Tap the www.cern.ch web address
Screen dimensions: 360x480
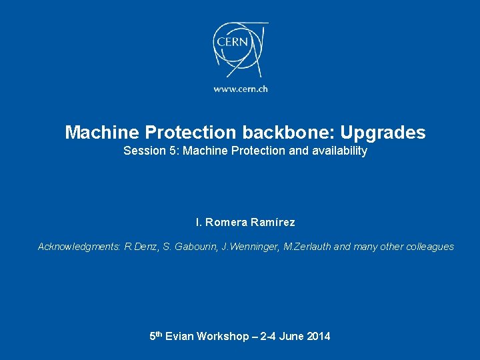[240, 89]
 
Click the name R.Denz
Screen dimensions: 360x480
[144, 247]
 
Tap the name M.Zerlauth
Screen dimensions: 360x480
[307, 247]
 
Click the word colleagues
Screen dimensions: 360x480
[428, 247]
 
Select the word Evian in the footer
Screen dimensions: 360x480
[179, 336]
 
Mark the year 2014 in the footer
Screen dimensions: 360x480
[318, 336]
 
